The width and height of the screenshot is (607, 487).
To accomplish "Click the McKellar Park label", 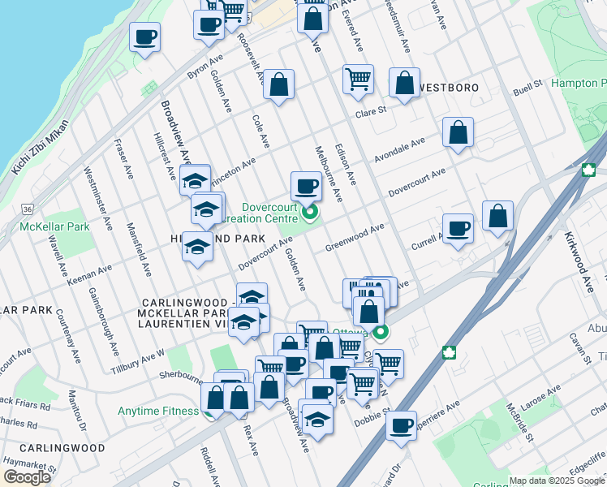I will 54,226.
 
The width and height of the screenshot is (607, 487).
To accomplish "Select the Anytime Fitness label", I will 157,411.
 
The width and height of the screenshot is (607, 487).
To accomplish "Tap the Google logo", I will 27,477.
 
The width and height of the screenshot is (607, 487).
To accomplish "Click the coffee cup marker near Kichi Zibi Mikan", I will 144,37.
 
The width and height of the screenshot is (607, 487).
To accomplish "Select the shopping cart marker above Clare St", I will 358,79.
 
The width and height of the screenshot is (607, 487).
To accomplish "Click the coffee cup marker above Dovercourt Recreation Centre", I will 306,187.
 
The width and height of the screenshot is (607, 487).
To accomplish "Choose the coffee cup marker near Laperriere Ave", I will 400,425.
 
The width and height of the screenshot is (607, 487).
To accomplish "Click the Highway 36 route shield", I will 28,209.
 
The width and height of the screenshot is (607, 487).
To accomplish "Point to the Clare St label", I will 370,112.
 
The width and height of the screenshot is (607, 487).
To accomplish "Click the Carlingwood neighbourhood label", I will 62,448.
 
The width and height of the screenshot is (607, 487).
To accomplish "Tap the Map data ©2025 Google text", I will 557,481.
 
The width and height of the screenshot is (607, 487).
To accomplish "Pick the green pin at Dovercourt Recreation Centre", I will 309,214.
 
